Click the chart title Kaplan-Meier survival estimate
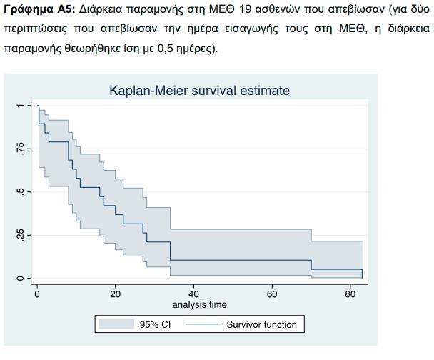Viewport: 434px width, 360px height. [199, 91]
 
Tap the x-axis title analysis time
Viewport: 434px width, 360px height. [199, 304]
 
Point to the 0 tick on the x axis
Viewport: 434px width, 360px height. [37, 294]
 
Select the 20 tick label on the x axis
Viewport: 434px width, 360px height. [116, 294]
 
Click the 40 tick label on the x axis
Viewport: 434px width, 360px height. [193, 294]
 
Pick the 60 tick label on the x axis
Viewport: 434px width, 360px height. [272, 294]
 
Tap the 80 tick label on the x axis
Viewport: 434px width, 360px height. [350, 294]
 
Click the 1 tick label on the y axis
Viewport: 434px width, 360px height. [21, 106]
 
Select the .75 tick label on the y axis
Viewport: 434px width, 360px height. [21, 149]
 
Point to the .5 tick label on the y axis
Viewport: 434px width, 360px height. [21, 192]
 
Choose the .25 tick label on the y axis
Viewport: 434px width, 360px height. [21, 235]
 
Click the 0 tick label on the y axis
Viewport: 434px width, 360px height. [21, 278]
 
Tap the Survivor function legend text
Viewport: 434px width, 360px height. [261, 325]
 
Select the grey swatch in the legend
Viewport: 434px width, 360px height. [117, 325]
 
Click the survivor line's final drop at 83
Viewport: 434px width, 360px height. [362, 274]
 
